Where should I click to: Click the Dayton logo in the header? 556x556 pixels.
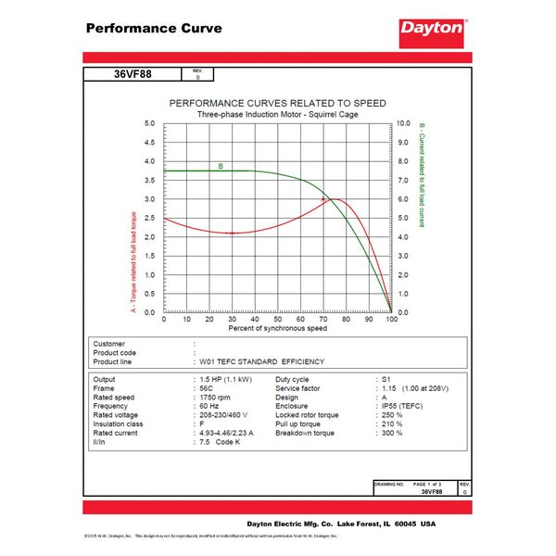(431, 29)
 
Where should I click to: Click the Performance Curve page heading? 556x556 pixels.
(154, 28)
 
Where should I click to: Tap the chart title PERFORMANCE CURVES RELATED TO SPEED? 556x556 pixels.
(276, 103)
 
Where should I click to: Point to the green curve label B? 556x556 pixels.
(221, 167)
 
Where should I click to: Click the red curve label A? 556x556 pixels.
(322, 199)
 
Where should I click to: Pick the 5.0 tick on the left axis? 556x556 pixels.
(150, 123)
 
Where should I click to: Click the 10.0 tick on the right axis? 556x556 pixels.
(403, 123)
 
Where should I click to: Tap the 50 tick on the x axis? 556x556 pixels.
(278, 320)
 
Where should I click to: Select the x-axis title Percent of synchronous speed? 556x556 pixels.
(277, 329)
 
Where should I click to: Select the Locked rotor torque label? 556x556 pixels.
(307, 415)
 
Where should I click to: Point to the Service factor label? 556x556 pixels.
(298, 388)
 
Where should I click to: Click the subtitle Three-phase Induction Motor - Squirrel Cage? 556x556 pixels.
(276, 114)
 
